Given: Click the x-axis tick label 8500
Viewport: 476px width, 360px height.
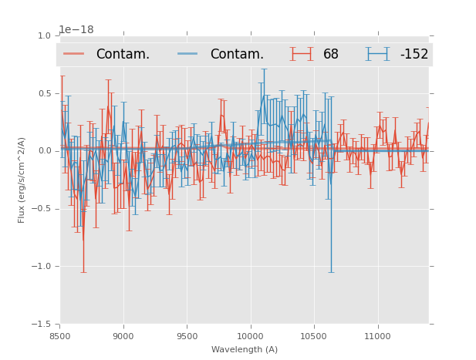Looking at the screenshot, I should pyautogui.click(x=60, y=336).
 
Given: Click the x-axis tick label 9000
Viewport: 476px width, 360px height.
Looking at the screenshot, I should pyautogui.click(x=123, y=336).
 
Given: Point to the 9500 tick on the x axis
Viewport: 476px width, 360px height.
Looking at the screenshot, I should pyautogui.click(x=187, y=336).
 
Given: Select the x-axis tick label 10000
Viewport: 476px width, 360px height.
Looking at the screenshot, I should pyautogui.click(x=250, y=336).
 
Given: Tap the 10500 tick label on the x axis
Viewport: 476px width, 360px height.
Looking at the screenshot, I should pyautogui.click(x=313, y=336).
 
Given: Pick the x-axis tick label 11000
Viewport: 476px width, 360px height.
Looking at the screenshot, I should pyautogui.click(x=377, y=336).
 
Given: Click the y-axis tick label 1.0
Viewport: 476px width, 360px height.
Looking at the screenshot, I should pyautogui.click(x=44, y=36).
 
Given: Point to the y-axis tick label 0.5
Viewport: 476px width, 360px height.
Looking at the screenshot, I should pyautogui.click(x=44, y=94).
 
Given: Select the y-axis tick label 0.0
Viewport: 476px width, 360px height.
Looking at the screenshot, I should pyautogui.click(x=44, y=151).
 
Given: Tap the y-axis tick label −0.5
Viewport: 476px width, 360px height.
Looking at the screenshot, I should pyautogui.click(x=42, y=209).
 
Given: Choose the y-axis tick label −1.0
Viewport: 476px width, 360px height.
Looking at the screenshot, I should pyautogui.click(x=42, y=267).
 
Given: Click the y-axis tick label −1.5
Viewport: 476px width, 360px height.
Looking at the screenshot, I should pyautogui.click(x=42, y=325).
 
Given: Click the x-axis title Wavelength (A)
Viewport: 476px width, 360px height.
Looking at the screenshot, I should pyautogui.click(x=245, y=349).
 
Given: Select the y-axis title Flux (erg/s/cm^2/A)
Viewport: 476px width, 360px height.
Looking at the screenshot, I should pyautogui.click(x=22, y=180).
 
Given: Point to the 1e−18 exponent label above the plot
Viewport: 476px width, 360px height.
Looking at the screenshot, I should pyautogui.click(x=76, y=30).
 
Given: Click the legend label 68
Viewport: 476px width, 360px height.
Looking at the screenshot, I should pyautogui.click(x=331, y=55).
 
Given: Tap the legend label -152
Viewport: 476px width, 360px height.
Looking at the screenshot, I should pyautogui.click(x=414, y=55).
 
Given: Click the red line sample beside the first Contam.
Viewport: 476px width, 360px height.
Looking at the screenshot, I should pyautogui.click(x=74, y=54).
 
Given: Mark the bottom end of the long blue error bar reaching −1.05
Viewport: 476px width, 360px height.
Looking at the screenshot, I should pyautogui.click(x=332, y=272).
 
